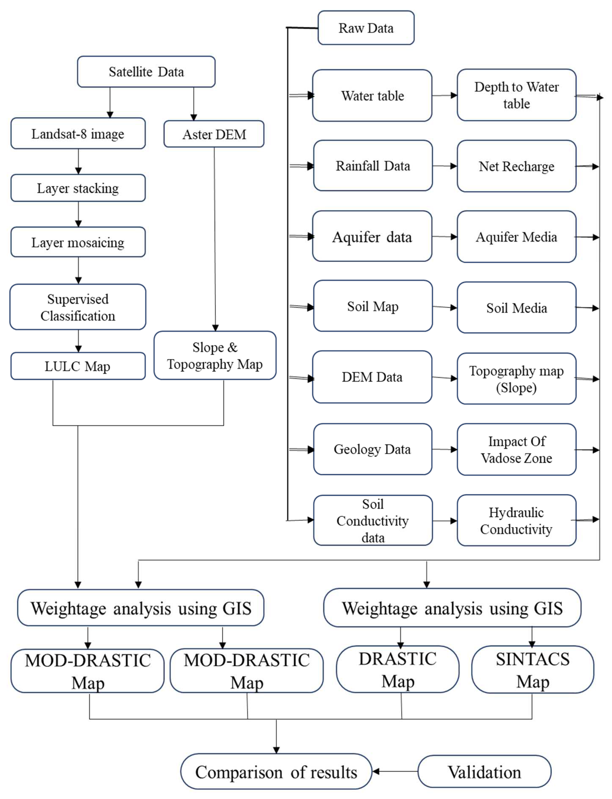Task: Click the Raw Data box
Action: click(x=366, y=28)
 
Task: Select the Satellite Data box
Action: click(x=146, y=72)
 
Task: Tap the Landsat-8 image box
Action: click(x=78, y=134)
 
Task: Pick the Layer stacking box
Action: click(x=78, y=188)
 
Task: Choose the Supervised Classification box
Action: click(x=78, y=307)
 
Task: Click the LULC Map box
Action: click(x=78, y=366)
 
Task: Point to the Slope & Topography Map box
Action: click(x=215, y=355)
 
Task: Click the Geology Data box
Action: click(x=372, y=449)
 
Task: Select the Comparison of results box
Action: click(x=276, y=771)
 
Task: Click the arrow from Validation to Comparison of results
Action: click(x=395, y=771)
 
